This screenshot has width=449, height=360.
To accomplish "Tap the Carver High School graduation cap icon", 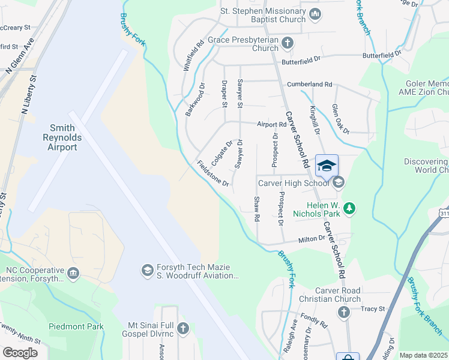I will pyautogui.click(x=338, y=182).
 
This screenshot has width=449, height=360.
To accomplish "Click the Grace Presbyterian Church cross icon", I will pyautogui.click(x=288, y=43).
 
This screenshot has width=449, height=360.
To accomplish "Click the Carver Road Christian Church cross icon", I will pyautogui.click(x=343, y=312).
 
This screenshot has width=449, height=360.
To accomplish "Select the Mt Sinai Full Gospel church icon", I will pyautogui.click(x=182, y=328).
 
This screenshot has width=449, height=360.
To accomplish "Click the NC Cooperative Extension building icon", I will pyautogui.click(x=73, y=274).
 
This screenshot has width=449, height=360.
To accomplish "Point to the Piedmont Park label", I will pyautogui.click(x=76, y=327).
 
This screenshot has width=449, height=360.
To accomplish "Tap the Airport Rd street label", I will pyautogui.click(x=272, y=125).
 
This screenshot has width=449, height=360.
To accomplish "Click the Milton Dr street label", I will pyautogui.click(x=312, y=239).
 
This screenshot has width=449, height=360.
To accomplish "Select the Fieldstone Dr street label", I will pyautogui.click(x=213, y=173).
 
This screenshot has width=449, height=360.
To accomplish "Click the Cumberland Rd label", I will pyautogui.click(x=309, y=85).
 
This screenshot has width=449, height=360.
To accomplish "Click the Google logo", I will pyautogui.click(x=20, y=352).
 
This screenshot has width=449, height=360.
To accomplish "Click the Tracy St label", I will pyautogui.click(x=373, y=309).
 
